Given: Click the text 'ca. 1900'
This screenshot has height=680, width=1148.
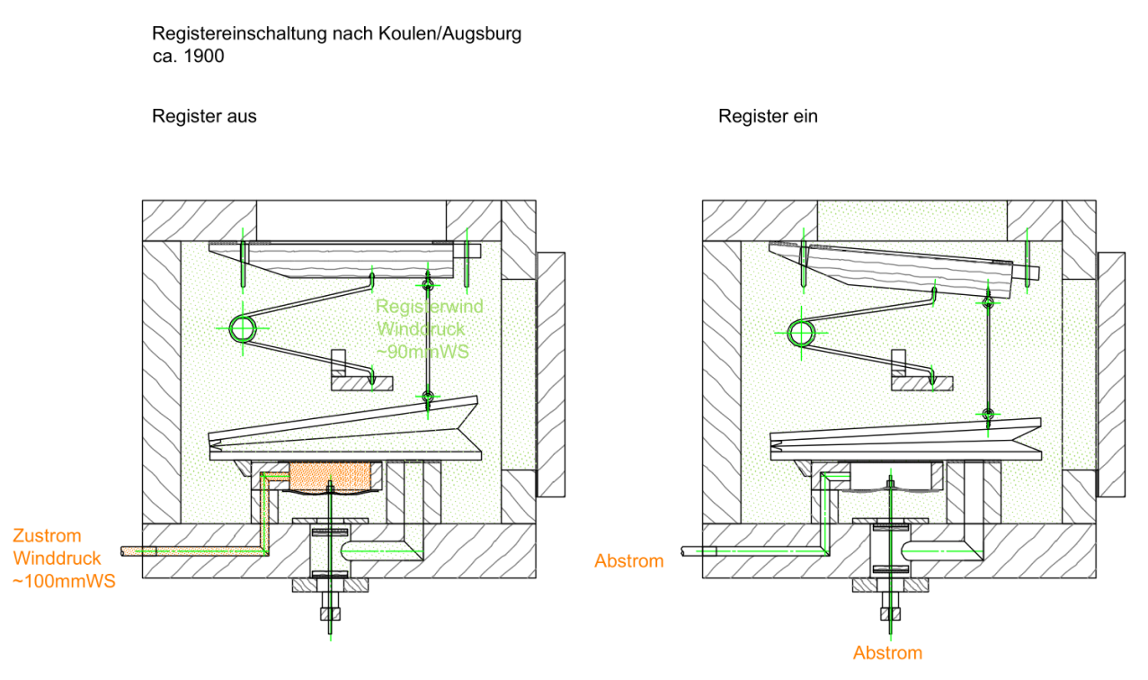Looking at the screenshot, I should pos(188,55).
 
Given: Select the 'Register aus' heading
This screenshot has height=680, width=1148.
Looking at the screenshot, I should pos(204,116).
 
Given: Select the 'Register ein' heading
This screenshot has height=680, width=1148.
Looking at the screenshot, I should pos(768,116).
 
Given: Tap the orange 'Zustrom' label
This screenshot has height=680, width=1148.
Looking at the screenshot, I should pos(47,537).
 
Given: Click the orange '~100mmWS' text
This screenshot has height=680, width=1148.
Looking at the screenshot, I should pos(64,581).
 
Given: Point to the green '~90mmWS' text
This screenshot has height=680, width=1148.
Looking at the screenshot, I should pos(423,351).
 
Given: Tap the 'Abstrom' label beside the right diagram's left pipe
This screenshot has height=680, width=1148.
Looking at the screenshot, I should pos(628,561).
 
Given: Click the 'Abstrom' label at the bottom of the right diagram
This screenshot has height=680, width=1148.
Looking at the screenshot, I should pos(887,653).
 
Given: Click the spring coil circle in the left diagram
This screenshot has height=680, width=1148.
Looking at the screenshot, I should pos(243,329).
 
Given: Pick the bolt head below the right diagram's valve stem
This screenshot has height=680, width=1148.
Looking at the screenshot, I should pos(889,614).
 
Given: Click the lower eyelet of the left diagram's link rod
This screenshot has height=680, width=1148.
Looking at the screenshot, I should pos(428,396).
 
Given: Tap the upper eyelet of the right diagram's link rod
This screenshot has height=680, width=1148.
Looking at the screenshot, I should pos(987,303).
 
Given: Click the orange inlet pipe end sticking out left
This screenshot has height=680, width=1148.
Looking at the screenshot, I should pos(131,550).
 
